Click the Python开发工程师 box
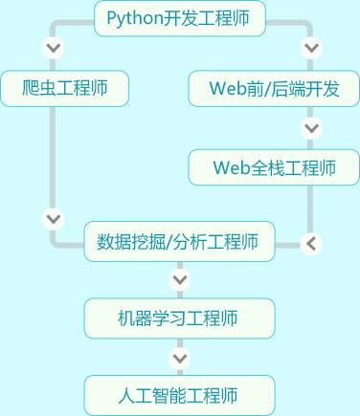pos(180,17)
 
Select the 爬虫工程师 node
pos(65,89)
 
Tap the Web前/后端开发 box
pos(274,89)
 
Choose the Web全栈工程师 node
pos(274,167)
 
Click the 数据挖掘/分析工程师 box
pos(179,242)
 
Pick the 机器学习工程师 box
pos(179,318)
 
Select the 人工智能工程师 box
pos(179,395)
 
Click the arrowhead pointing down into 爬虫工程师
pos(54,47)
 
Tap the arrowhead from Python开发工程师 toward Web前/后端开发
pos(310,47)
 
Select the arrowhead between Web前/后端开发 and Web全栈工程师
pos(310,127)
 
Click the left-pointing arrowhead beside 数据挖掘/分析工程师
pos(310,243)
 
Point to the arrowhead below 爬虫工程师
pos(54,218)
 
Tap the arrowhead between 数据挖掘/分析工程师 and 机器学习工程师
pos(179,280)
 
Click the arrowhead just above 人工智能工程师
pos(179,358)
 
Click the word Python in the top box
pos(133,17)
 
